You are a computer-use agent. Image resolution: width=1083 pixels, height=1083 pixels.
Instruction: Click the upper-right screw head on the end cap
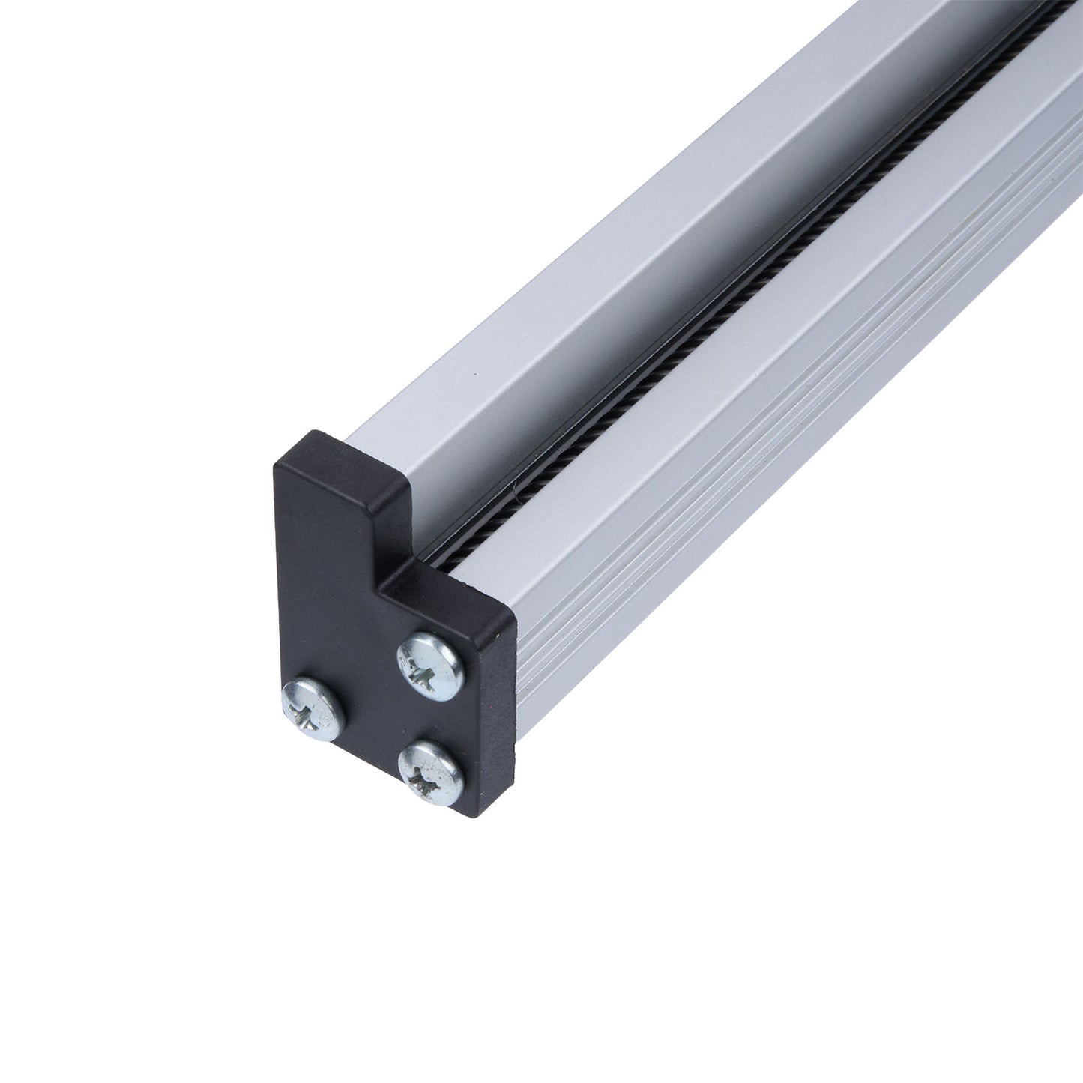429,663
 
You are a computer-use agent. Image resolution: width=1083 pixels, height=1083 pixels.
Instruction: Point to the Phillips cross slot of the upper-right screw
428,663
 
